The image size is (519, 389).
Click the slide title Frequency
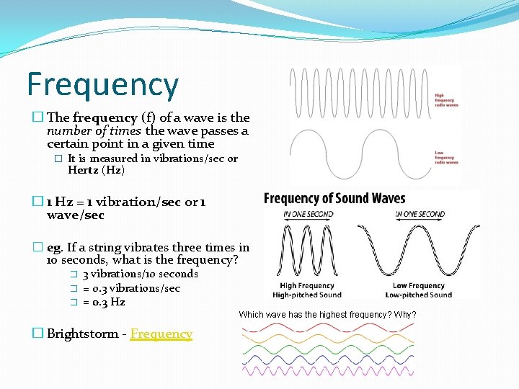click(x=102, y=84)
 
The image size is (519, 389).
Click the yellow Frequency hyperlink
click(x=161, y=334)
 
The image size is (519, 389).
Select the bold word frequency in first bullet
click(x=105, y=117)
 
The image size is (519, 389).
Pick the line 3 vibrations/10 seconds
click(x=139, y=274)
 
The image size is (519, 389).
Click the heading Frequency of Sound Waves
click(x=334, y=199)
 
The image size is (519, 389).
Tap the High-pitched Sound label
click(x=307, y=295)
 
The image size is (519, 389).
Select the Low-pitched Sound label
click(x=418, y=295)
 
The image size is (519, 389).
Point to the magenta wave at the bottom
click(x=328, y=371)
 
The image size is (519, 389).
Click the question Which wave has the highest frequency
click(x=327, y=315)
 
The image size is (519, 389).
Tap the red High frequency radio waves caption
click(x=446, y=99)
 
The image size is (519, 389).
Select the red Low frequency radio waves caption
click(x=446, y=157)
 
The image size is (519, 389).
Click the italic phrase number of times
click(x=94, y=130)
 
